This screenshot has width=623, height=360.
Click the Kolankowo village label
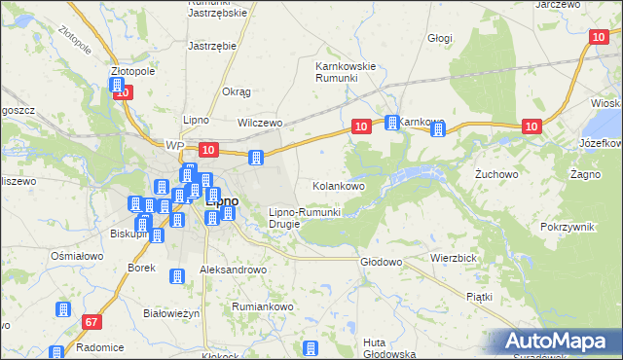338,185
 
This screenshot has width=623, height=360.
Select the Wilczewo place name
260,124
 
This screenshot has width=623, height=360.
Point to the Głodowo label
382,262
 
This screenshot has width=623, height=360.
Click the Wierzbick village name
453,259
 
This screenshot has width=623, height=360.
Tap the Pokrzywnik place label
568,226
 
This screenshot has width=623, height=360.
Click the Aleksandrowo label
233,269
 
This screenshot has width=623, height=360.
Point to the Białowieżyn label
171,313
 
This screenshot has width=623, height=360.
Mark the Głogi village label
440,38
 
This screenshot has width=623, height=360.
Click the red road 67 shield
92,322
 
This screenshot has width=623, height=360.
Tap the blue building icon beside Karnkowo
392,123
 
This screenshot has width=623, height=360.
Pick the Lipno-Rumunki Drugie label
304,217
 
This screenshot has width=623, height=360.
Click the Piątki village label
479,296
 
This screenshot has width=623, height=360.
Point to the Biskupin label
128,234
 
